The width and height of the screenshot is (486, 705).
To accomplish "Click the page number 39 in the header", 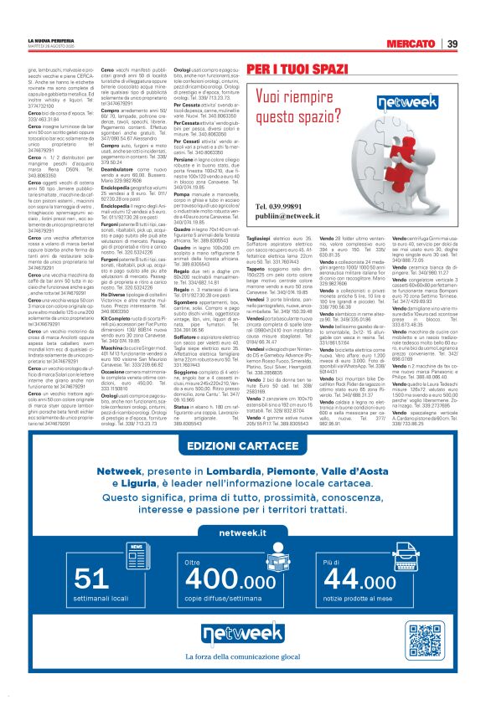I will click(452, 44).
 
